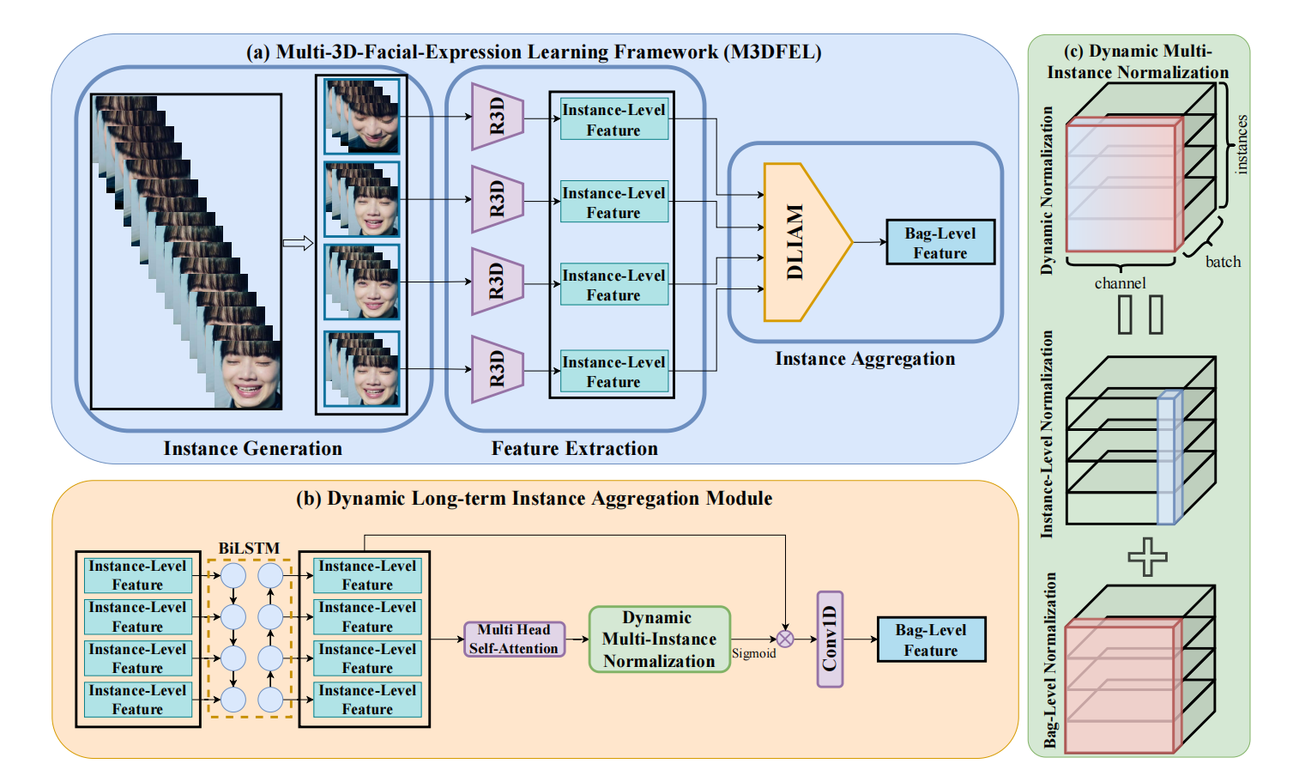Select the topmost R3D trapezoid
click(x=496, y=117)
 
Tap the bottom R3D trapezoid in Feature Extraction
click(x=496, y=369)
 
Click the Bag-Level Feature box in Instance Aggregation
click(x=940, y=243)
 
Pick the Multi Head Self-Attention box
click(x=514, y=640)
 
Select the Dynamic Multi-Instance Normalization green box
click(x=658, y=640)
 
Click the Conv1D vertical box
click(x=830, y=640)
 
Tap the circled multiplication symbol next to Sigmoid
click(x=785, y=639)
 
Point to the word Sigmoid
click(x=753, y=654)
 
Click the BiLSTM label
click(x=249, y=548)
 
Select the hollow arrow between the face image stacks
click(x=298, y=244)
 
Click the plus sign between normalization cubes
click(x=1147, y=557)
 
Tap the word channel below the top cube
click(x=1120, y=283)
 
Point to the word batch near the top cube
click(x=1223, y=262)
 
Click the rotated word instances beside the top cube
click(x=1242, y=144)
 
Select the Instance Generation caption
click(x=252, y=448)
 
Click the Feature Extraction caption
click(x=574, y=448)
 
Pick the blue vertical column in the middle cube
click(x=1169, y=458)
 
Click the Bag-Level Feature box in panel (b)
click(x=931, y=640)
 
